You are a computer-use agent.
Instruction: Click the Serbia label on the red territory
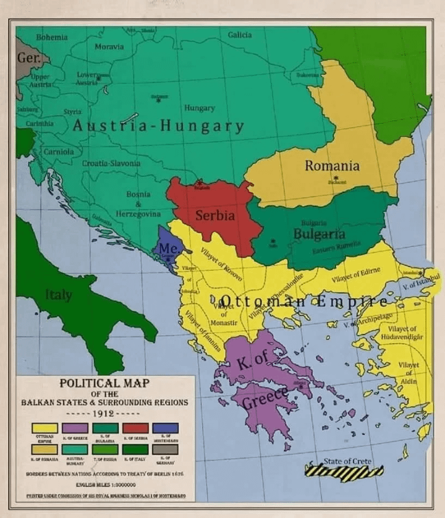pyautogui.click(x=215, y=216)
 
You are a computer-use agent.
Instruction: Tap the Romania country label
pyautogui.click(x=332, y=166)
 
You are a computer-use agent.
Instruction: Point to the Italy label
pyautogui.click(x=59, y=295)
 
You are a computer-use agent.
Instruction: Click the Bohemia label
pyautogui.click(x=52, y=37)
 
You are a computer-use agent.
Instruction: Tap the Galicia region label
pyautogui.click(x=240, y=35)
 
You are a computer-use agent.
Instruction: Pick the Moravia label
pyautogui.click(x=109, y=47)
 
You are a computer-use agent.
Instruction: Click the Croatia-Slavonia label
pyautogui.click(x=111, y=163)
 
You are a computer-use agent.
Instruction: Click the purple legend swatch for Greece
pyautogui.click(x=75, y=428)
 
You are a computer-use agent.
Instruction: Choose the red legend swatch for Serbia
pyautogui.click(x=135, y=428)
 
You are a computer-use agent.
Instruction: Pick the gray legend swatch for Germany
pyautogui.click(x=165, y=449)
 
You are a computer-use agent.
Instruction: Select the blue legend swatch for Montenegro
pyautogui.click(x=165, y=428)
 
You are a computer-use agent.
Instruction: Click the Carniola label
pyautogui.click(x=59, y=151)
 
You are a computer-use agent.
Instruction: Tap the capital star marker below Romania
pyautogui.click(x=336, y=178)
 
